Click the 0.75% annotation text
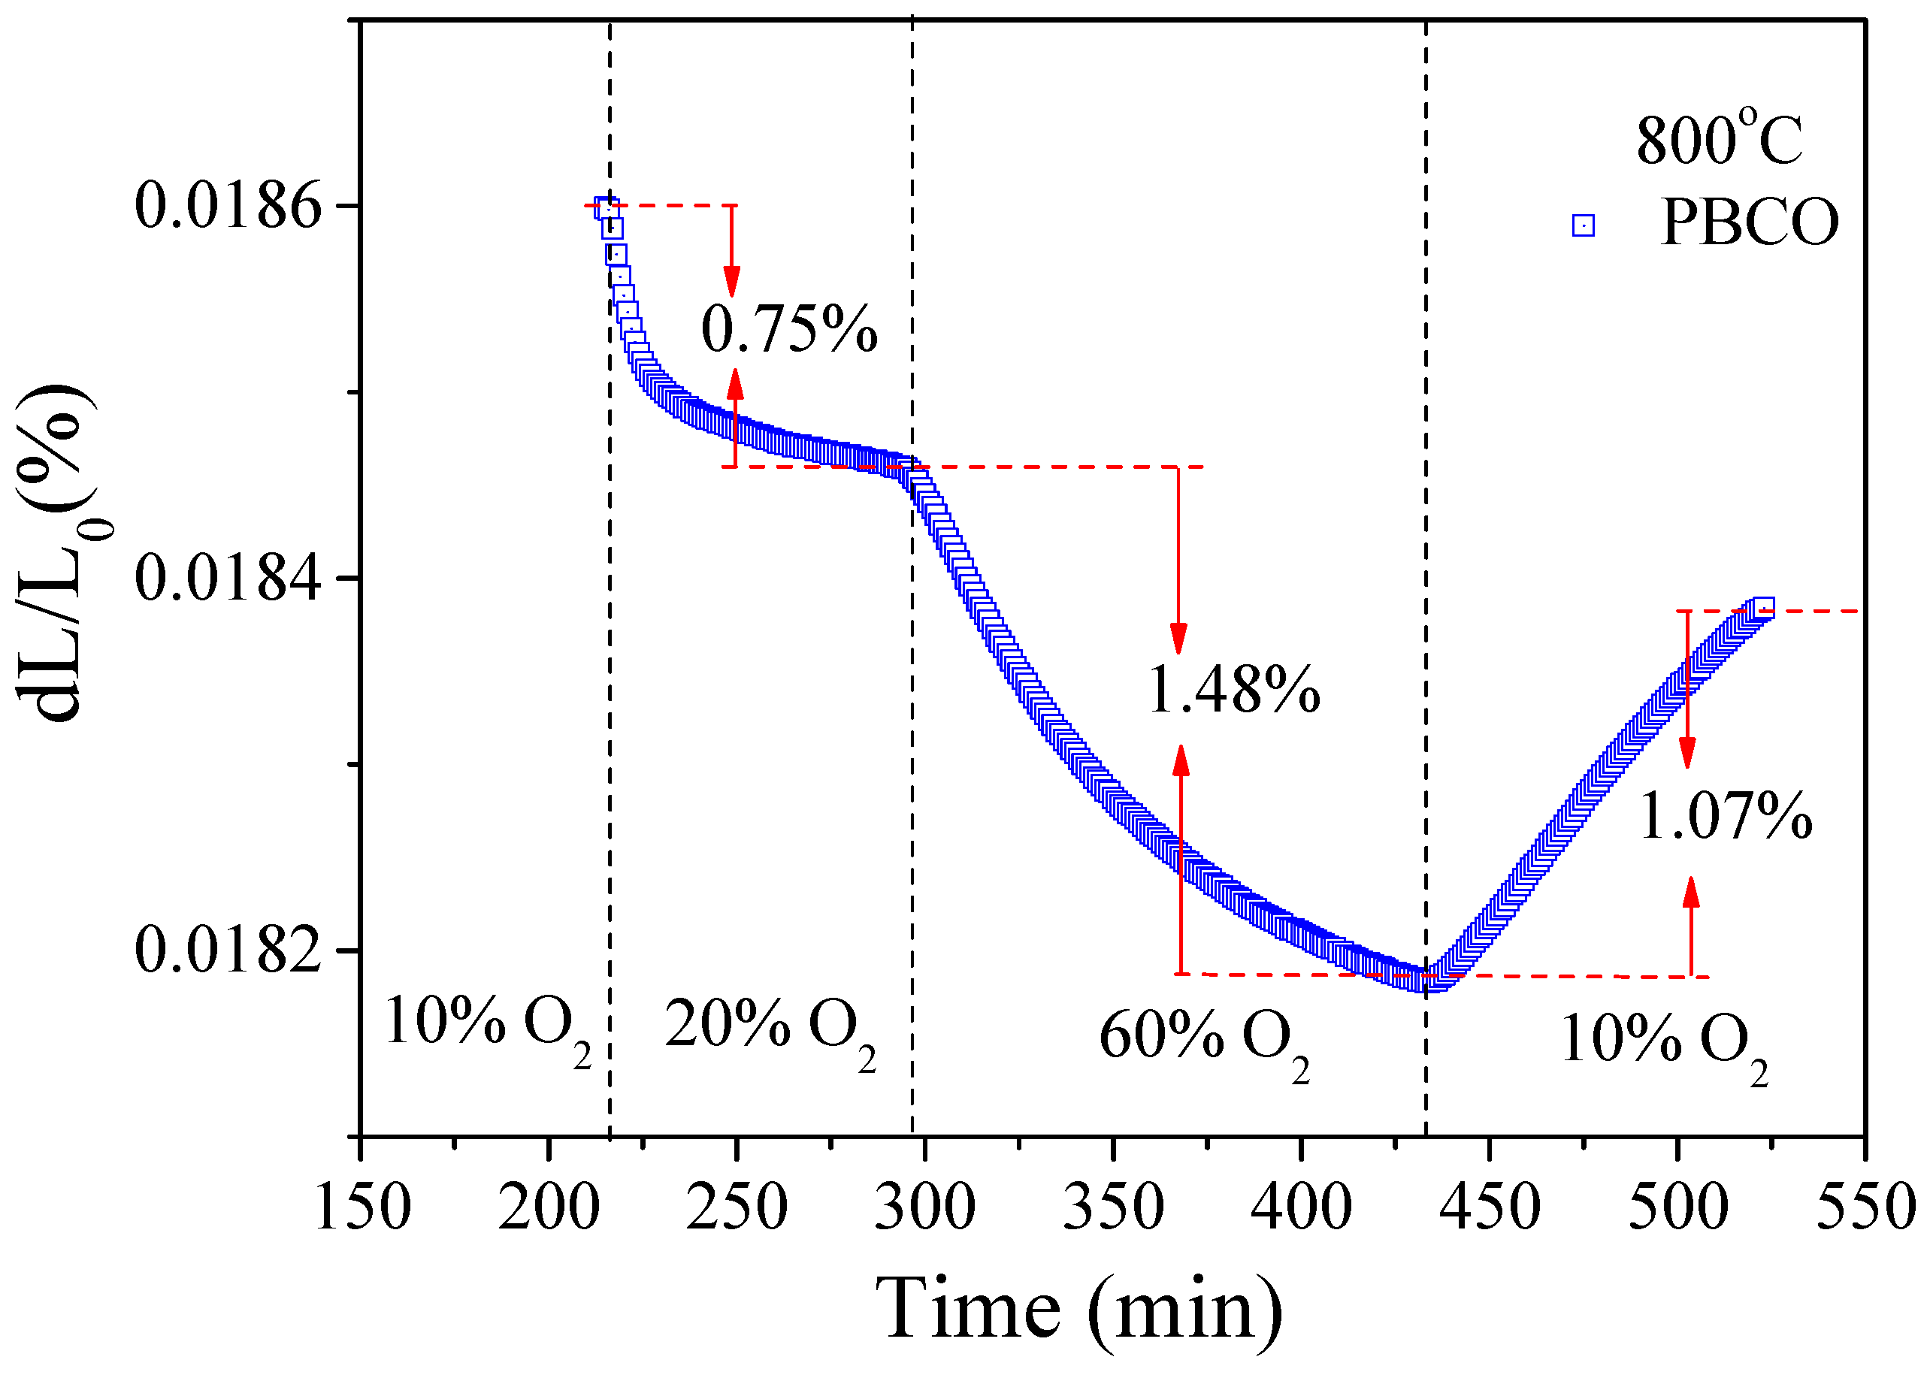(789, 329)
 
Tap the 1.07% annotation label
(1725, 816)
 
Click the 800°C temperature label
(1719, 141)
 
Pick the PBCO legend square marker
(1583, 225)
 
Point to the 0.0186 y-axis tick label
(228, 206)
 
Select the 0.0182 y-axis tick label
(228, 950)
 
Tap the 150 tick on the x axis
(362, 1207)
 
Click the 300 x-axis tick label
(924, 1207)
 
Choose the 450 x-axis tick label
(1490, 1207)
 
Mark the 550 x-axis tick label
(1865, 1207)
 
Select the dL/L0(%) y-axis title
(64, 550)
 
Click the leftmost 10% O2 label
(487, 1024)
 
